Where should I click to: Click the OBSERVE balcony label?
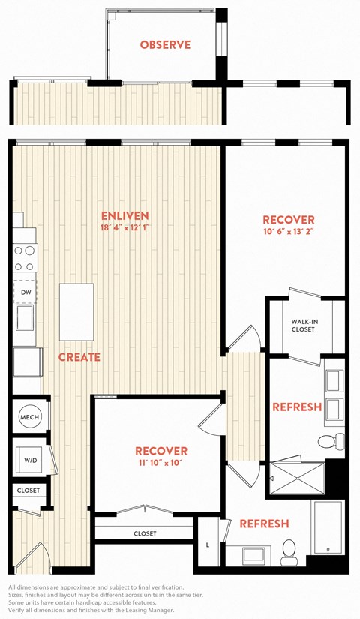(x=165, y=44)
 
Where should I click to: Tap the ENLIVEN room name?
(x=124, y=215)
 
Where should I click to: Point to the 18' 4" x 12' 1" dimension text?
(x=124, y=227)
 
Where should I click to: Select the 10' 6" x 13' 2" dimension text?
(x=289, y=231)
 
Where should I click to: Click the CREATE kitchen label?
(x=79, y=357)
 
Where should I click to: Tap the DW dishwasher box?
(x=25, y=293)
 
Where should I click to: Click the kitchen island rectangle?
(x=76, y=312)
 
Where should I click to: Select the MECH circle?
(x=29, y=417)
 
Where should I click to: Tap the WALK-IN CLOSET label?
(x=303, y=326)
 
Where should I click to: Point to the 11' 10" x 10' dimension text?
(x=158, y=463)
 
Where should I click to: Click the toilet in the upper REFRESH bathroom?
(x=331, y=441)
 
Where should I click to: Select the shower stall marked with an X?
(x=298, y=479)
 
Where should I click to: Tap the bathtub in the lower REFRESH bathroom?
(x=327, y=527)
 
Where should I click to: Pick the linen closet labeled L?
(x=208, y=545)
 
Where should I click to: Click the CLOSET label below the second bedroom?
(x=145, y=533)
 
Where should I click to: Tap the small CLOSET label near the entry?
(x=28, y=491)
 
